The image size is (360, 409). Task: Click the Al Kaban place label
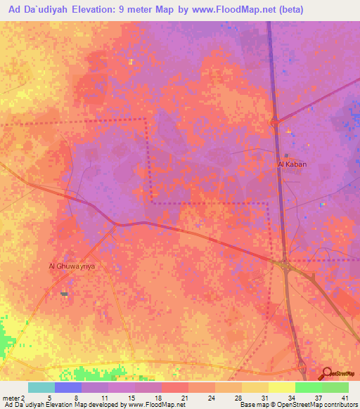[292, 164]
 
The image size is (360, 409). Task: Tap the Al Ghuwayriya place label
[71, 266]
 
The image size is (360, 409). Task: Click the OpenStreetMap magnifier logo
[328, 374]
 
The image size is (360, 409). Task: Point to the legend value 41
[345, 396]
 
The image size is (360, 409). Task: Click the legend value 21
[184, 396]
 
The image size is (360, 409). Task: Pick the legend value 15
[131, 396]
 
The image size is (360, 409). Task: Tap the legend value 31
[264, 396]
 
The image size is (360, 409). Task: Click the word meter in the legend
[11, 396]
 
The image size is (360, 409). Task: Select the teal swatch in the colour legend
[41, 387]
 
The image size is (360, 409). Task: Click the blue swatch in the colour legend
[68, 387]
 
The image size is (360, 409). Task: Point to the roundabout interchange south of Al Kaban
[285, 265]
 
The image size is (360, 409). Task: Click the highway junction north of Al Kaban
[275, 124]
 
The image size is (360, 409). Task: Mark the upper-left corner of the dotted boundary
[146, 120]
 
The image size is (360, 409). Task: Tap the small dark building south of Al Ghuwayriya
[65, 294]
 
